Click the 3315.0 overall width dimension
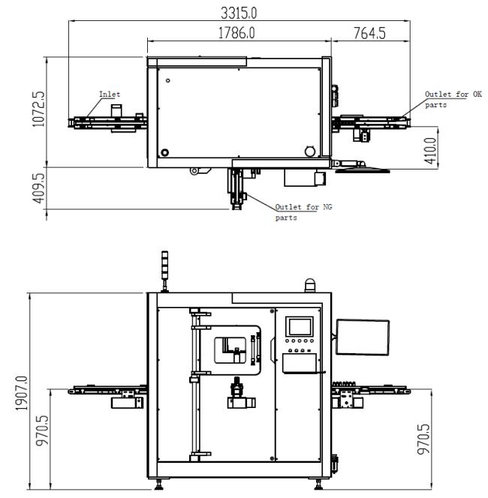(239, 13)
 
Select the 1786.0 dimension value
(236, 33)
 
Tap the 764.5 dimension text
(369, 33)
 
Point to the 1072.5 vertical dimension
(39, 109)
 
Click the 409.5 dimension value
(39, 188)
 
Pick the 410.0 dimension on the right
(430, 151)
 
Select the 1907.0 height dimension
(22, 393)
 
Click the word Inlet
(110, 94)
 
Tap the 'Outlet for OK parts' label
(453, 100)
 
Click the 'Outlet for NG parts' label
(303, 212)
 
